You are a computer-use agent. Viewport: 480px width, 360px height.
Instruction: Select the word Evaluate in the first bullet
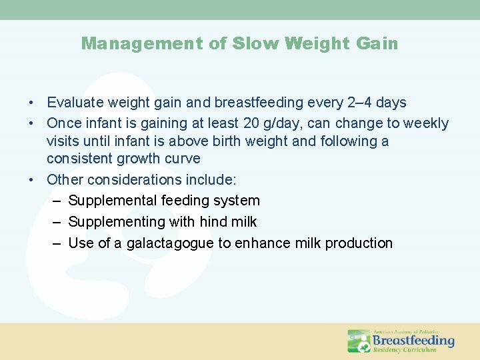74,103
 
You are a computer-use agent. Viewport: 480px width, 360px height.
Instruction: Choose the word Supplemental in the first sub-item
110,201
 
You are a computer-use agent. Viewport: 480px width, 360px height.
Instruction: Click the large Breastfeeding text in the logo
413,341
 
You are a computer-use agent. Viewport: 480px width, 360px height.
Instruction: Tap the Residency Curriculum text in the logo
404,349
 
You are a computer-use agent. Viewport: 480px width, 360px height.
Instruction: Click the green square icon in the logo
359,341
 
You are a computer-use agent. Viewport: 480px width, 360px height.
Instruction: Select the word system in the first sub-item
237,201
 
